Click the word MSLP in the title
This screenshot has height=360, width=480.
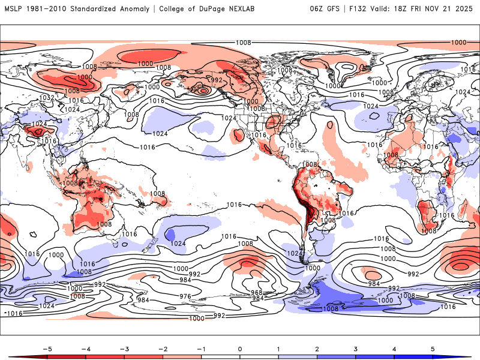(14, 9)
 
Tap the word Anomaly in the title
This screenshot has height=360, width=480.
(134, 9)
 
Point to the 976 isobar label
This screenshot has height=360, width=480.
(185, 296)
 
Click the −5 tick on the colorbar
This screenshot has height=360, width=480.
(46, 349)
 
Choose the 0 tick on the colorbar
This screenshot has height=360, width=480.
(239, 349)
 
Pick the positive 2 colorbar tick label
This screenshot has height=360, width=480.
(317, 349)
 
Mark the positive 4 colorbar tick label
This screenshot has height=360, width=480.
(394, 349)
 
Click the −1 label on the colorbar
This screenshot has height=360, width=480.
(200, 349)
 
